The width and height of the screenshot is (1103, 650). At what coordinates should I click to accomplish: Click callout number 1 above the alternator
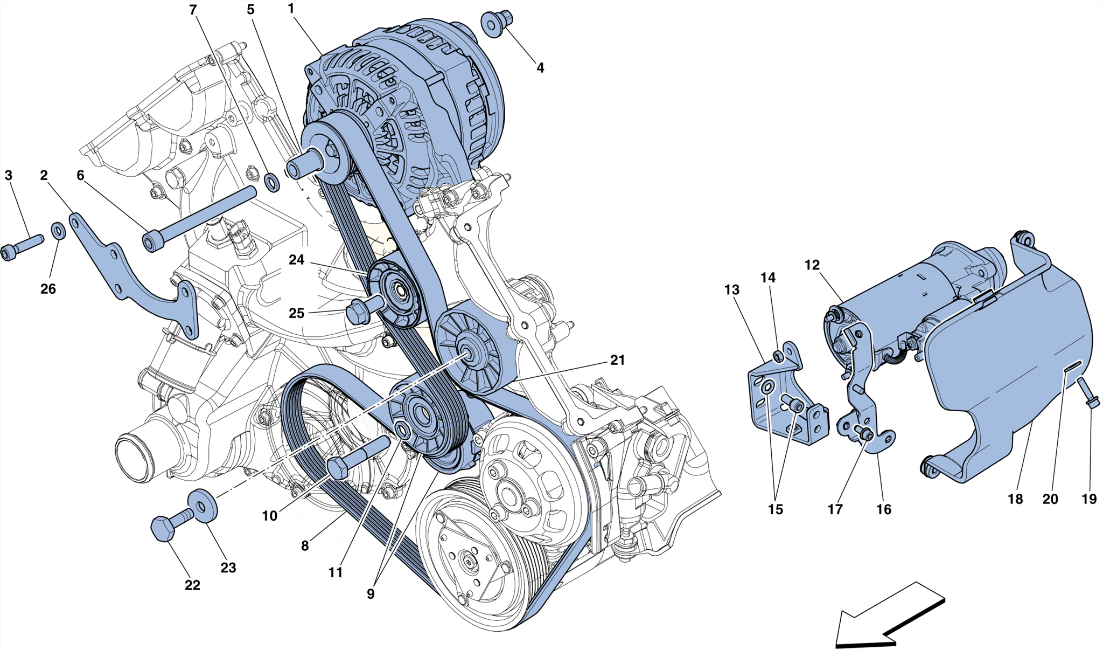[291, 9]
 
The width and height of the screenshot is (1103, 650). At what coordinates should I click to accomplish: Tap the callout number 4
[540, 68]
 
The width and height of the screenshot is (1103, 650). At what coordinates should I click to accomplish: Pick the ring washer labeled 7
[273, 182]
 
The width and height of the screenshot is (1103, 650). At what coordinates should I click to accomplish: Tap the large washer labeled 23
[203, 505]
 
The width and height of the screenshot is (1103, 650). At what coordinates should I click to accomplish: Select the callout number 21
[617, 360]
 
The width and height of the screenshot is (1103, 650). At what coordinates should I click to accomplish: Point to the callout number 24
[296, 260]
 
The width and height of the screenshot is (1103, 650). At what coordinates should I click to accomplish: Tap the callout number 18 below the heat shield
[1015, 499]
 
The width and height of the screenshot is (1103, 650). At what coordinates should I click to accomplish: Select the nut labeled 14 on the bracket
[778, 356]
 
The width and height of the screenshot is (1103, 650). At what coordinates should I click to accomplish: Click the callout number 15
[775, 509]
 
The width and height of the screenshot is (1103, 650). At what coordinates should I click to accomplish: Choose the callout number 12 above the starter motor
[812, 265]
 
